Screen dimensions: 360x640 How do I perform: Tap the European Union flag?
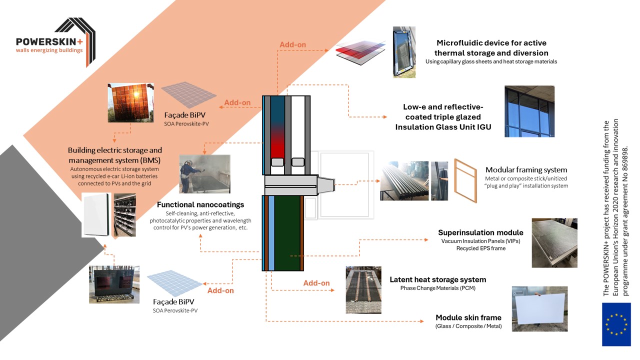(x=616, y=324)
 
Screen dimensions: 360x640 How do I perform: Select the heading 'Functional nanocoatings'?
(x=200, y=205)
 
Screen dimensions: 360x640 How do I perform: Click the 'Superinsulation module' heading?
(x=480, y=232)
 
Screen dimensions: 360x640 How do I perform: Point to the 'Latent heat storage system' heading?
(x=437, y=279)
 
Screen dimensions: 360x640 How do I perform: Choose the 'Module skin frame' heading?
(x=468, y=317)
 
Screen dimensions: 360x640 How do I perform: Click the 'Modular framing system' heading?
(x=526, y=170)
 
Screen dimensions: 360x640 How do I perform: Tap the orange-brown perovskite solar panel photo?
(x=130, y=103)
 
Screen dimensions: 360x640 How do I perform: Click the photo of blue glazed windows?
(x=529, y=111)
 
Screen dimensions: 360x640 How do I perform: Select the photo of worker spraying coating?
(x=204, y=173)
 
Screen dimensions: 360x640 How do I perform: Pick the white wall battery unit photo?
(x=96, y=215)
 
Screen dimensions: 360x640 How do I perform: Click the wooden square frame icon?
(x=465, y=180)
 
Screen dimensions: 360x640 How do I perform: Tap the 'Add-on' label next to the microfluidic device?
(x=292, y=44)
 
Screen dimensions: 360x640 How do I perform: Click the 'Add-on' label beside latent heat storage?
(x=316, y=283)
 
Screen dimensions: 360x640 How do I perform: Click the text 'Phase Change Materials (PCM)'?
(x=437, y=288)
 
